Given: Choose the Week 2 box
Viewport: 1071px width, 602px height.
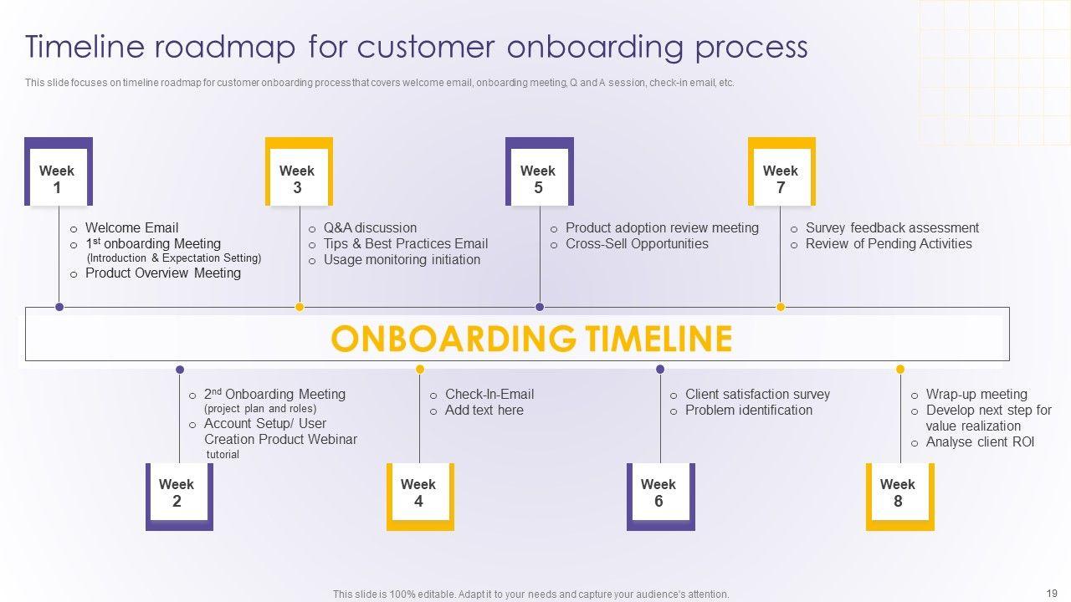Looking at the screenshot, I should tap(178, 493).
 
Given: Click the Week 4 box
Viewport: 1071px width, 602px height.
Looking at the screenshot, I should tap(419, 493).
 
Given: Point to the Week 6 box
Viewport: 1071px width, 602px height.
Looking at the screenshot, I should tap(659, 493).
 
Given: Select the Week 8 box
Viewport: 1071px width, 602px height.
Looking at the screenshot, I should tap(899, 493).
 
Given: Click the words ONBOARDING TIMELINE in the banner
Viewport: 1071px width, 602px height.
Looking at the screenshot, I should tap(531, 339).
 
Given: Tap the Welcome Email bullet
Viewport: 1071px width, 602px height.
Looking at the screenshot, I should tap(131, 227).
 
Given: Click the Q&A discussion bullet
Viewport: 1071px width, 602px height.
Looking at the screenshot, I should tap(370, 227).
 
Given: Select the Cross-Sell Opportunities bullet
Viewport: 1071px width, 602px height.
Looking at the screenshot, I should tap(637, 243).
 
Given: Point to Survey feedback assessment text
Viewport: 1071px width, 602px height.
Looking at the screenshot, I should tap(892, 227).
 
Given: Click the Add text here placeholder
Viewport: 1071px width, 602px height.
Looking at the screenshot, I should tap(484, 410).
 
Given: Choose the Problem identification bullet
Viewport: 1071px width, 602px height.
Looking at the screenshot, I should tap(748, 410).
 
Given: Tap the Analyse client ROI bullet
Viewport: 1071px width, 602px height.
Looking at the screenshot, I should tap(980, 441).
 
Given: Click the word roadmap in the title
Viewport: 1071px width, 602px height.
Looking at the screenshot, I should tap(225, 47).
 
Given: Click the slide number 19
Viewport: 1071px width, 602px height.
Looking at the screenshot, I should tap(1052, 593).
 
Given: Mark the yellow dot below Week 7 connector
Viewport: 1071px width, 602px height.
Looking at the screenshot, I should tap(781, 307).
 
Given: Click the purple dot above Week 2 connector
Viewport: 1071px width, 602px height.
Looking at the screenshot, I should tap(179, 369).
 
